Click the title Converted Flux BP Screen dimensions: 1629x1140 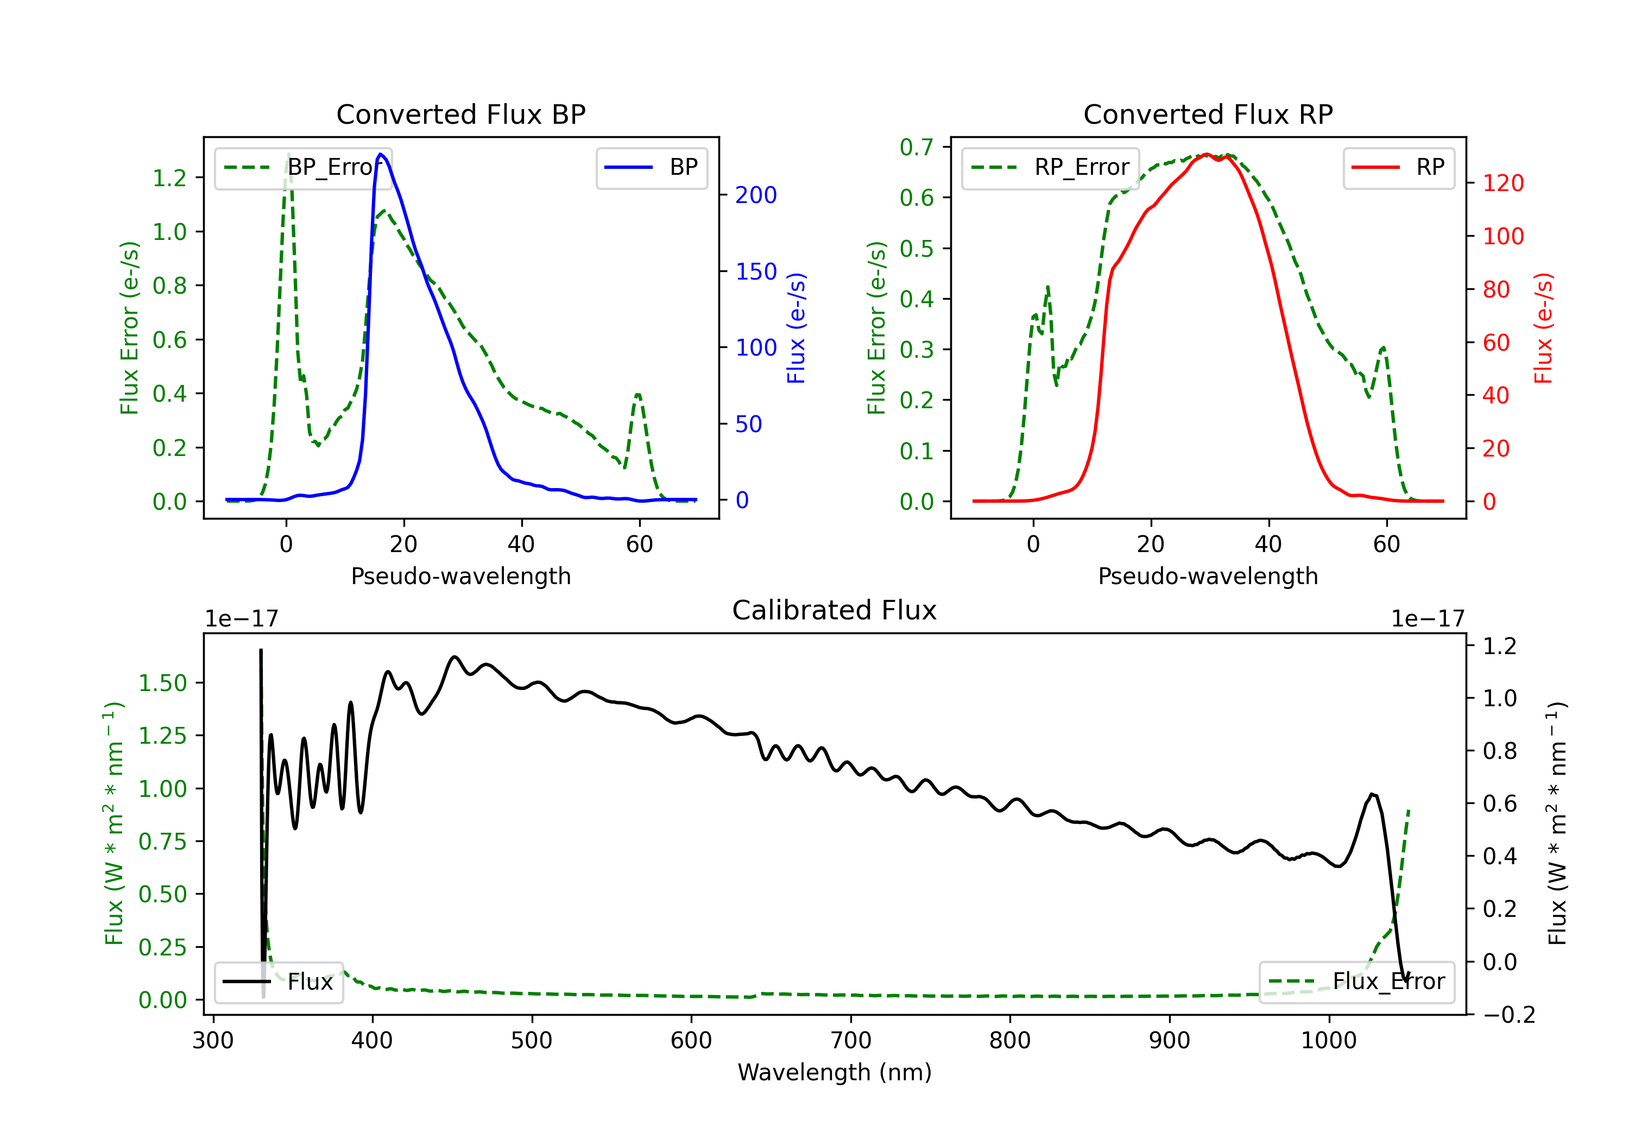coord(461,114)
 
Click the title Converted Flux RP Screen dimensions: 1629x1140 coord(1208,114)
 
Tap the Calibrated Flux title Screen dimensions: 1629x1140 coord(835,610)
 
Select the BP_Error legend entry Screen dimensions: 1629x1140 coord(303,167)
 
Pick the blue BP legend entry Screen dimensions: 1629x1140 coord(651,167)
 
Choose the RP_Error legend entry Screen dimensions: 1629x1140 coord(1050,167)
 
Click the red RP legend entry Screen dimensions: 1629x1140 coord(1398,167)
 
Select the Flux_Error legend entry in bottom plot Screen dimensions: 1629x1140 coord(1356,982)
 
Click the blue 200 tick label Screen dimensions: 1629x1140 coord(756,195)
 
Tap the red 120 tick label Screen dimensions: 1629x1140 coord(1504,183)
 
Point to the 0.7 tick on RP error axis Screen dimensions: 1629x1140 coord(917,147)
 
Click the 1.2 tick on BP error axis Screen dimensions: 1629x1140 coord(169,178)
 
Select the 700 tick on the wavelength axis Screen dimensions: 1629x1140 coord(851,1040)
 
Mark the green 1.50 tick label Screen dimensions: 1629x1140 coord(162,683)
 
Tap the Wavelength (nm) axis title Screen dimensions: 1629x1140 coord(835,1072)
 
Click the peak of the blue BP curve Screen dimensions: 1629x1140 coord(381,154)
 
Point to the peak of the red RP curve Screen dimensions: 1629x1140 coord(1206,155)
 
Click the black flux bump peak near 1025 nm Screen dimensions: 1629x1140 coord(1372,795)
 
